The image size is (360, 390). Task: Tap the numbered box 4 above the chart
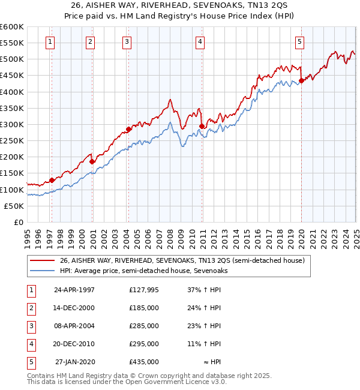(200, 41)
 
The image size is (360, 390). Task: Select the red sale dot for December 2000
(92, 161)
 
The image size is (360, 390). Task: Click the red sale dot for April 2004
(128, 129)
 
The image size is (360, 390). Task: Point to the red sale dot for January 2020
(301, 81)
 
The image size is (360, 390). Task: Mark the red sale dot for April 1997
(52, 180)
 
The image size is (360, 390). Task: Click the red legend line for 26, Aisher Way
(42, 260)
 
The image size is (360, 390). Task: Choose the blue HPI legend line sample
(42, 271)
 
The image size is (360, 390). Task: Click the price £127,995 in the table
(143, 290)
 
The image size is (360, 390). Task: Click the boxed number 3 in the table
(31, 326)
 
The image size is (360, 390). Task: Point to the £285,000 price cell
(143, 326)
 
